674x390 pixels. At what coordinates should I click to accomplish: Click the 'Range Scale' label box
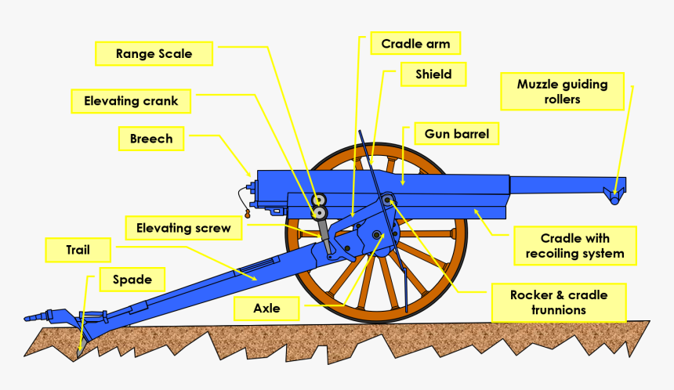pos(154,54)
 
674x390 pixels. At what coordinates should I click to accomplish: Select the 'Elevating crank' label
pos(131,101)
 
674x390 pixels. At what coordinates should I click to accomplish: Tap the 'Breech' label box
pos(151,139)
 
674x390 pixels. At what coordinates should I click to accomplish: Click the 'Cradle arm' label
pos(415,44)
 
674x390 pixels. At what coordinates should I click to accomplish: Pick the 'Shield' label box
pos(433,74)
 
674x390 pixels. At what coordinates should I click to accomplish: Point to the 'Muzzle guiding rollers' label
pos(562,92)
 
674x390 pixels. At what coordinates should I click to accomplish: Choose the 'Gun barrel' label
pos(456,134)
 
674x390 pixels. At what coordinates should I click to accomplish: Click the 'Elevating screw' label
pos(183,228)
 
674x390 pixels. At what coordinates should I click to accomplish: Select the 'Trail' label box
pos(78,251)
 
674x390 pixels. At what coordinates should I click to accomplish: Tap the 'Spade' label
pos(132,279)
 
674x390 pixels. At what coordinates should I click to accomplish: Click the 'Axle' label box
pos(266,308)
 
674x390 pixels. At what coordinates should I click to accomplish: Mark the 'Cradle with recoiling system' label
pos(575,246)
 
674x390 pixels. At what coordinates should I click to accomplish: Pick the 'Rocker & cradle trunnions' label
pos(559,302)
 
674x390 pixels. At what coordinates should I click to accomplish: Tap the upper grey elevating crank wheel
pos(319,199)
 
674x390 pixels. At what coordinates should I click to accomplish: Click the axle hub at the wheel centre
pos(378,235)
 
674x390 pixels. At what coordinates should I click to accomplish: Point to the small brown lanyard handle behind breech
pos(248,212)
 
